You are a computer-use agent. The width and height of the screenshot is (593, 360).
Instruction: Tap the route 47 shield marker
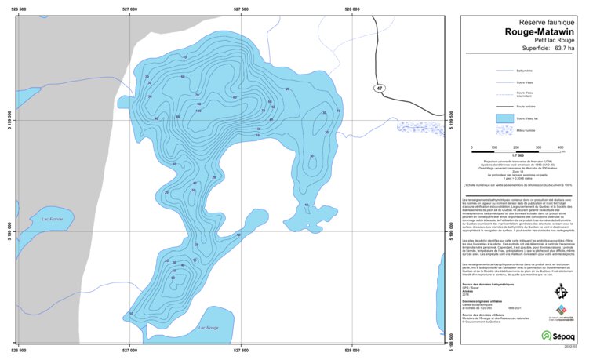tap(380, 89)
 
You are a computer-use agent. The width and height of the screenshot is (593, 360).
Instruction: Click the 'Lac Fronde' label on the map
tap(52, 219)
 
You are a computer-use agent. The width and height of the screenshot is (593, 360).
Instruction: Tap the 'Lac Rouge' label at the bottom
tap(209, 327)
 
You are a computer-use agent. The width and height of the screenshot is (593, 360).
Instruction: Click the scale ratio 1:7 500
tap(516, 154)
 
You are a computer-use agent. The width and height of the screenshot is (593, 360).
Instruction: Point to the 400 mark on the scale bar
tap(560, 147)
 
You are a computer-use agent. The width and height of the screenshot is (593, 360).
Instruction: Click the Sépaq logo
tap(558, 335)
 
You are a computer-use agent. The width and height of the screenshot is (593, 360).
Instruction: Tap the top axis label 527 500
tap(242, 9)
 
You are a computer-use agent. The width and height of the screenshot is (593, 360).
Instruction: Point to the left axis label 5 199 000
tap(9, 233)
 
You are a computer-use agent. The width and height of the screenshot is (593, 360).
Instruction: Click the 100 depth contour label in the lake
tap(198, 111)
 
